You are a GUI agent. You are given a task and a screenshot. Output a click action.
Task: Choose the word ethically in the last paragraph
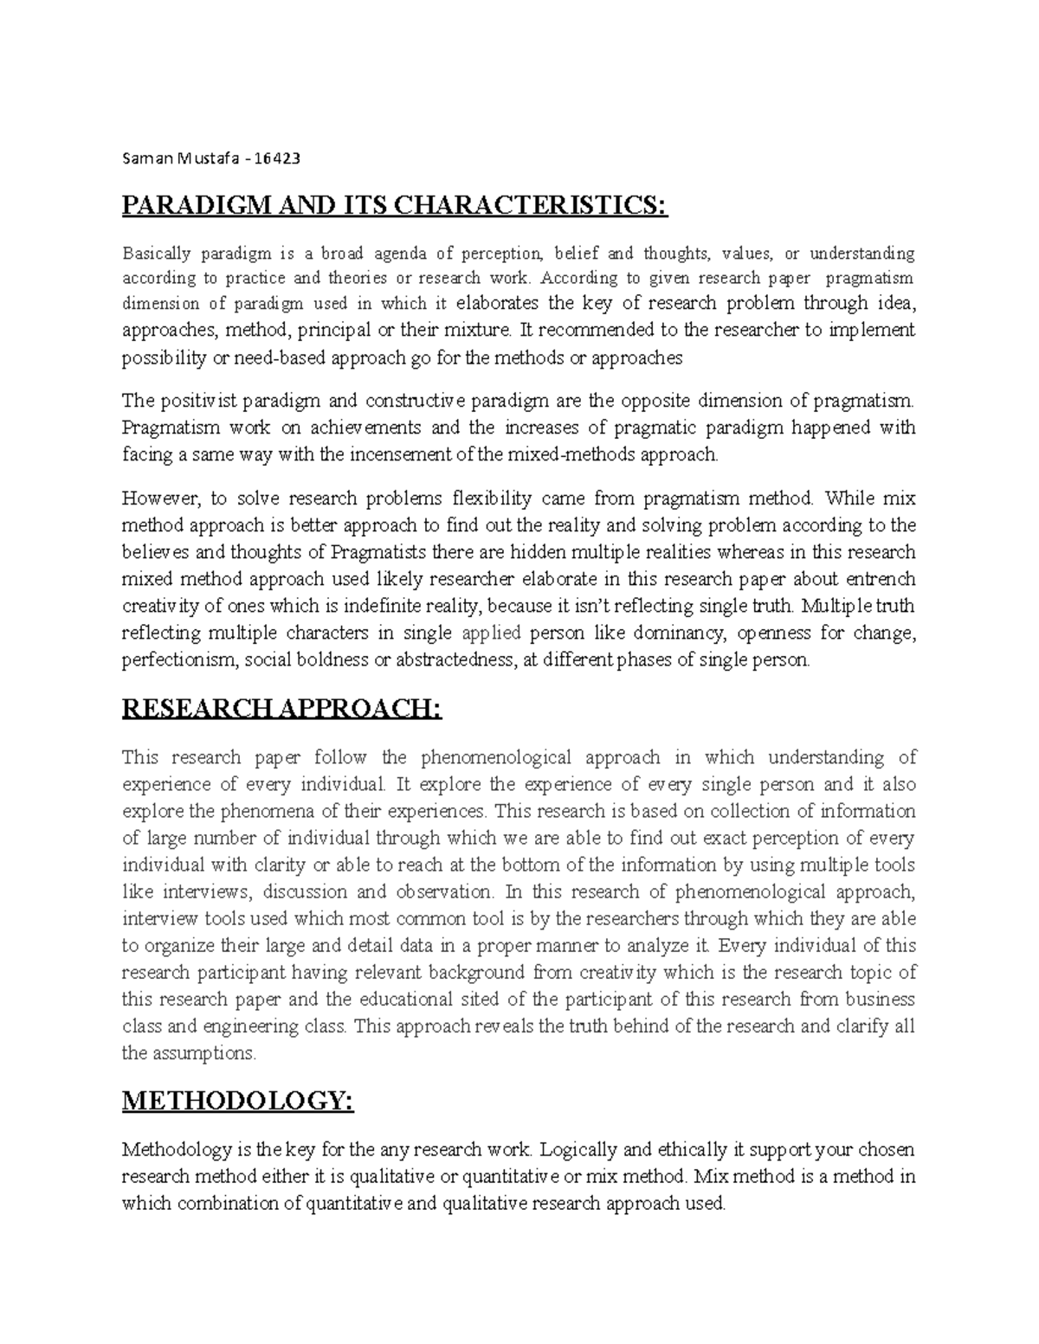coord(700,1150)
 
